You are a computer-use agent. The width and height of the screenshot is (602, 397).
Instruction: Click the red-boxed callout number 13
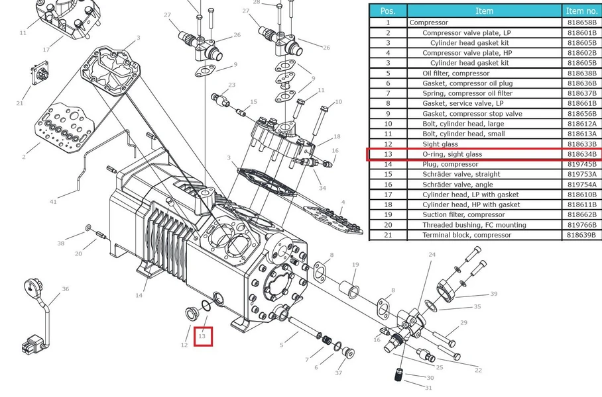pos(202,336)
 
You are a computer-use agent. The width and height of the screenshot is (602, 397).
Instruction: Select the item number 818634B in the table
pos(582,154)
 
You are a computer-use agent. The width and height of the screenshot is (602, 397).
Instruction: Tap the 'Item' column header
pos(484,11)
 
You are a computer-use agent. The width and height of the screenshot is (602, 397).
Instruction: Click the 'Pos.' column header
pos(388,11)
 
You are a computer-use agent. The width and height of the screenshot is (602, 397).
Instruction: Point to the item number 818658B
pos(582,22)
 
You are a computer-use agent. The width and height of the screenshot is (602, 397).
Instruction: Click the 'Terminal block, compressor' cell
pos(467,235)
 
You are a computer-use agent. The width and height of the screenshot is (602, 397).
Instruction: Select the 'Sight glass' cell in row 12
pos(440,144)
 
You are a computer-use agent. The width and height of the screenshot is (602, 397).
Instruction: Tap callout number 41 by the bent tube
pos(53,202)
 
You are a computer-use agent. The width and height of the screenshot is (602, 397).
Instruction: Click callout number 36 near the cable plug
pos(66,289)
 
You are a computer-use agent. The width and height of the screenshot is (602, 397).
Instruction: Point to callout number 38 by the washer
pos(60,243)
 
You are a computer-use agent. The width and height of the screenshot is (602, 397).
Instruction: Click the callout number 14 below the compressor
pos(139,295)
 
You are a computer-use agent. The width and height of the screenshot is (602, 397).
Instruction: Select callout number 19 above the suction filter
pos(355,265)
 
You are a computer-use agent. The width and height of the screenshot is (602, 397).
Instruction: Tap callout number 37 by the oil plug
pos(338,373)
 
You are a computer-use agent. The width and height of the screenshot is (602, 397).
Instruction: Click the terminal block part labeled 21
pos(40,73)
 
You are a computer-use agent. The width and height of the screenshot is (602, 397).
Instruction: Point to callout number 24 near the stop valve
pos(432,255)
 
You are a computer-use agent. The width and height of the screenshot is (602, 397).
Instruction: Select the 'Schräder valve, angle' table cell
pos(457,185)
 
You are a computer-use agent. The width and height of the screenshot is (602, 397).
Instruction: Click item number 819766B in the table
pos(582,225)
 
